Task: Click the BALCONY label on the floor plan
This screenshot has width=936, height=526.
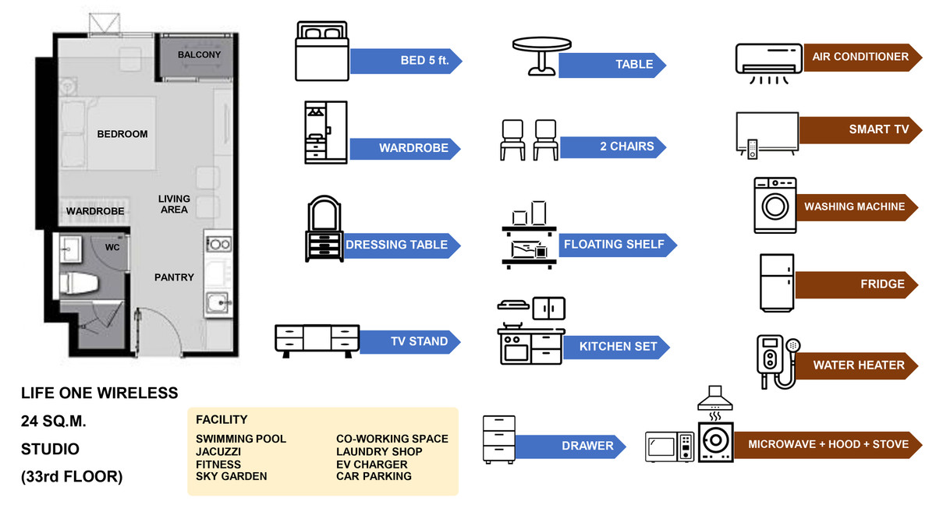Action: coord(199,55)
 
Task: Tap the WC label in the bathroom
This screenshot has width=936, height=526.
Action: coord(112,247)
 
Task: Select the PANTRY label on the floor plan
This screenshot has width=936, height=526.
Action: coord(174,277)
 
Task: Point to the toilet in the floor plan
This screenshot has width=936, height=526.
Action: coord(80,284)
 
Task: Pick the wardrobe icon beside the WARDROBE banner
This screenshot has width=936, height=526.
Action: coord(325,132)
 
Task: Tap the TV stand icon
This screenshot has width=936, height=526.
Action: coord(317,341)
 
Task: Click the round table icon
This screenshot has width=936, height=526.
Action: coord(535,56)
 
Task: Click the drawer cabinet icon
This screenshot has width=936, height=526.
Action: coord(499,440)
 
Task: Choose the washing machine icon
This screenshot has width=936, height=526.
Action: coord(775,205)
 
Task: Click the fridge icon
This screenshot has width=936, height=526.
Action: coord(777,283)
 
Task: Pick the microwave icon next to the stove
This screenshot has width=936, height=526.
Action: coord(669,447)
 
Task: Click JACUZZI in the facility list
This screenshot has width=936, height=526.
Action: coord(218,452)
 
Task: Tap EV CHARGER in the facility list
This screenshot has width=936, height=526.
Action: coord(372,464)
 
